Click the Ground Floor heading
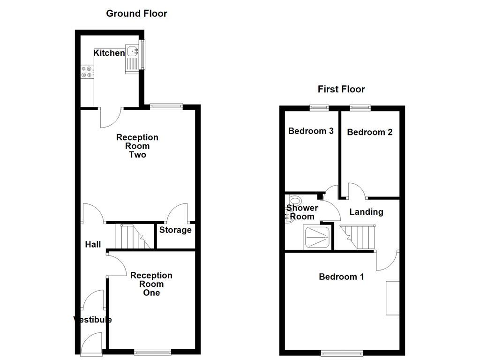coord(136,13)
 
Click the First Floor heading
coord(341,89)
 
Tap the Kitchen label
coord(109,53)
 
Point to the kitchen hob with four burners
coord(87,72)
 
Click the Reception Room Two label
coord(137,146)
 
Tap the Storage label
coord(175,230)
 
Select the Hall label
coord(93,244)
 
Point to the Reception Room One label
coord(151,284)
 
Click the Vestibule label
coord(92,320)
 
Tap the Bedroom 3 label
coord(311,131)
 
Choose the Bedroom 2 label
coord(369,132)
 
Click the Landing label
coord(366,212)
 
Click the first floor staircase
coord(359,237)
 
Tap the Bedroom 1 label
coord(341,277)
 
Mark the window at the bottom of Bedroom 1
coord(342,352)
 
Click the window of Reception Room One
coord(153,351)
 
